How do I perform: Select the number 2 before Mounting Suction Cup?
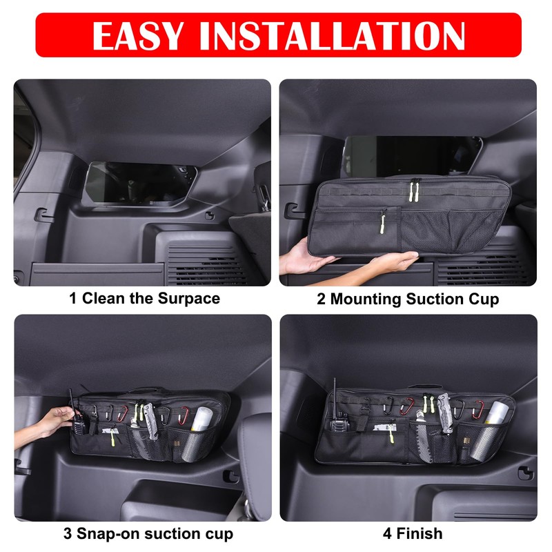pyautogui.click(x=321, y=299)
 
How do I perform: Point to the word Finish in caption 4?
pyautogui.click(x=420, y=533)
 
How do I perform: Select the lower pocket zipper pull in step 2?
pyautogui.click(x=379, y=222)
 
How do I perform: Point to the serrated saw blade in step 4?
pyautogui.click(x=422, y=442)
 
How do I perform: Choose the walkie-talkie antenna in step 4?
pyautogui.click(x=335, y=393)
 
